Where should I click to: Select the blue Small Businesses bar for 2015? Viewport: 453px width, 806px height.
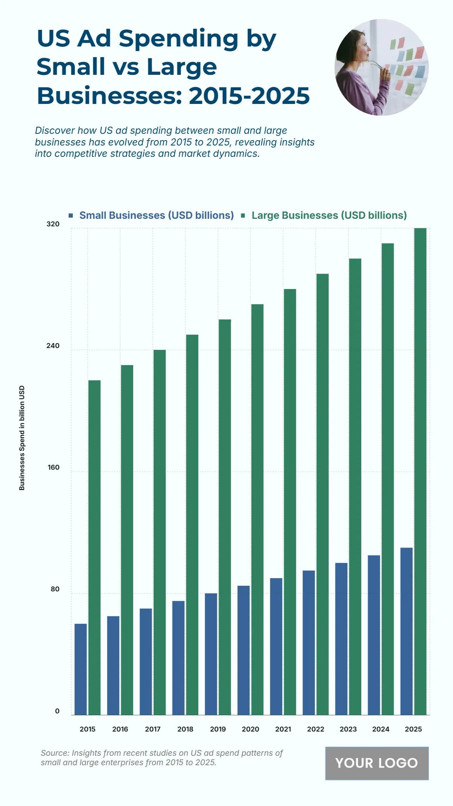81,669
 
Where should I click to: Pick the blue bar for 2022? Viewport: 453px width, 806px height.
308,642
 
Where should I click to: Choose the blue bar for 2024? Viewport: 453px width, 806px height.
374,635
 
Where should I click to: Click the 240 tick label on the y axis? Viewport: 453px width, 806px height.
53,346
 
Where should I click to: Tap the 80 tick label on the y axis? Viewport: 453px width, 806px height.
55,589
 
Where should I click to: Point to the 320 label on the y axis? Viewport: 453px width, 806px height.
53,224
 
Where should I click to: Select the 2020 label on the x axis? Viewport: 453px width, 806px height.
250,729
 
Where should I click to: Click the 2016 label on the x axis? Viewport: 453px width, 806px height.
120,729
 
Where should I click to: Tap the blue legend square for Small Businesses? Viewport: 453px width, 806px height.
71,215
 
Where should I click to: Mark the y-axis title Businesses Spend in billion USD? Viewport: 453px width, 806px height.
22,438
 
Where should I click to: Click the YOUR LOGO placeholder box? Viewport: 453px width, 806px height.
377,763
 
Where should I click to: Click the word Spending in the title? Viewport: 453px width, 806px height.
179,39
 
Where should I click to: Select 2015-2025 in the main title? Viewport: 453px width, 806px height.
249,96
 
